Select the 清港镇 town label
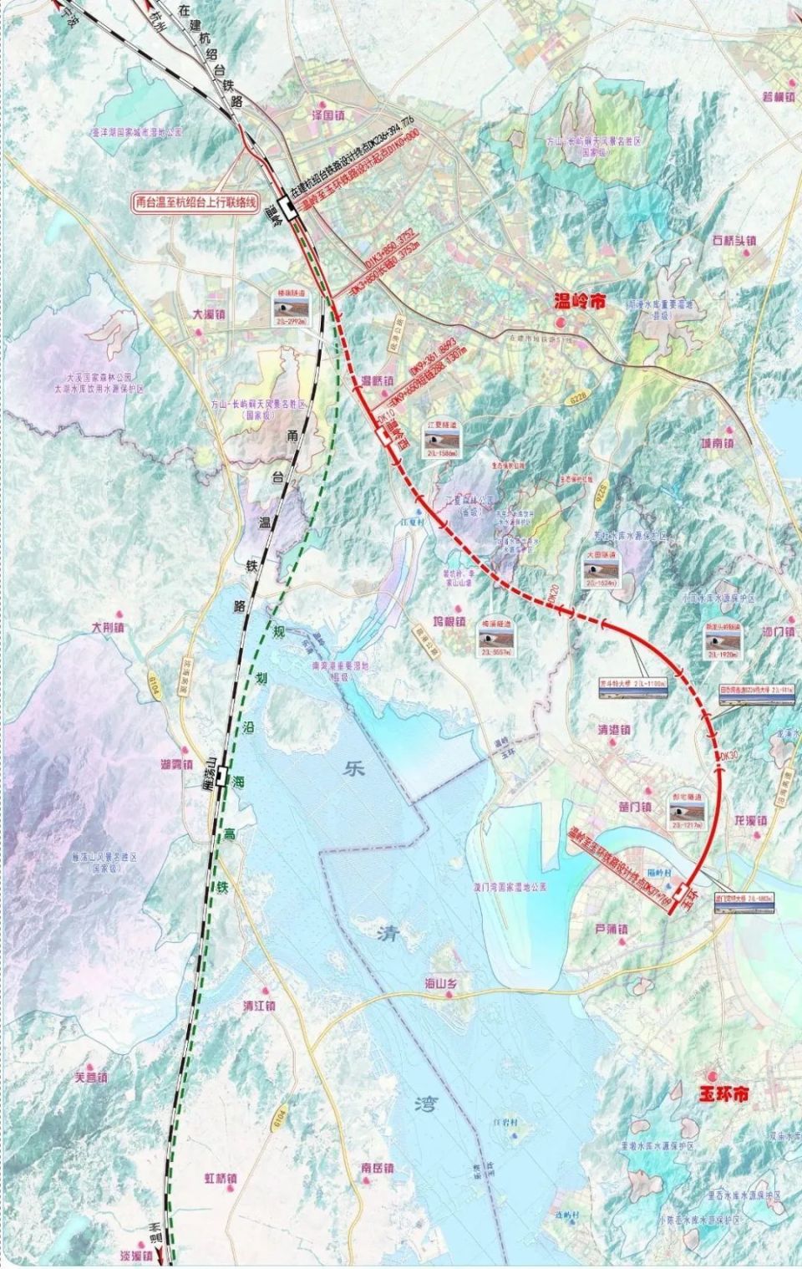tap(620, 727)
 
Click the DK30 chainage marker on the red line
tap(728, 756)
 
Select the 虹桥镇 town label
tap(221, 1178)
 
